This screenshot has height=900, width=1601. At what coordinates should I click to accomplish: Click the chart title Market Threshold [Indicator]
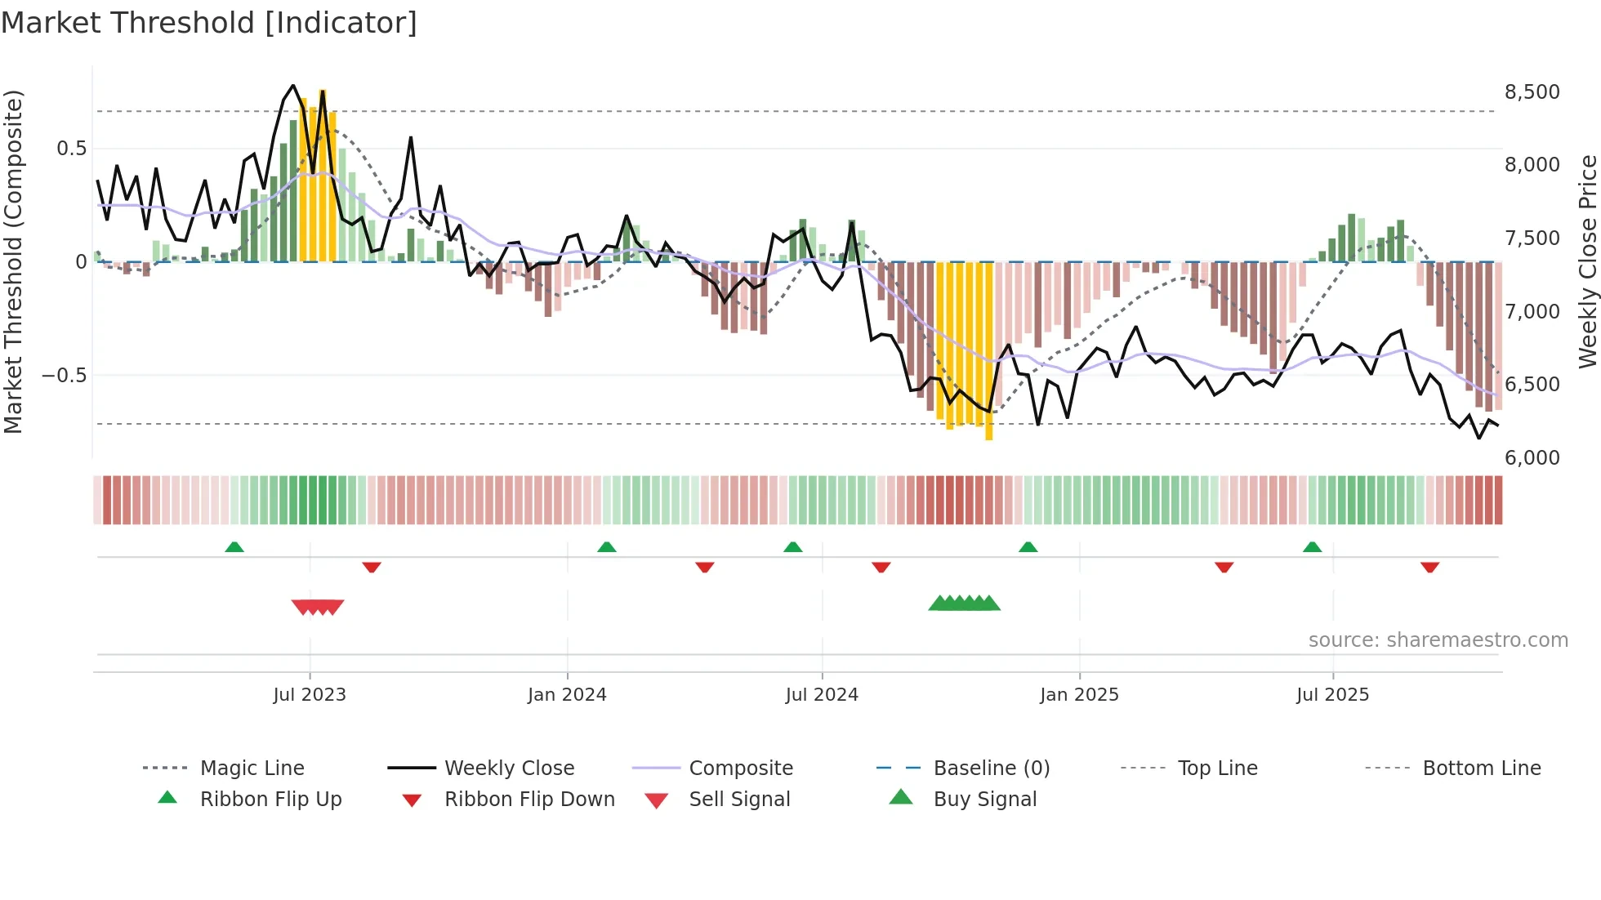click(x=209, y=23)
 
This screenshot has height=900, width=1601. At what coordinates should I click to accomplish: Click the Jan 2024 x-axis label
click(x=567, y=694)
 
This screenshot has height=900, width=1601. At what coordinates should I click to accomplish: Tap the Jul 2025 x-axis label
click(x=1332, y=694)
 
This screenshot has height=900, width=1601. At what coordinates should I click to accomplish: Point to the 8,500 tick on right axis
click(x=1532, y=92)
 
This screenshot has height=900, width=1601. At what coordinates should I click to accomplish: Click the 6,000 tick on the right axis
click(x=1532, y=457)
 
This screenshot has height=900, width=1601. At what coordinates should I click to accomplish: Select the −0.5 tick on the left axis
click(x=64, y=376)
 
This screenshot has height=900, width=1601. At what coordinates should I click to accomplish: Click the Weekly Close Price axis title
click(x=1586, y=261)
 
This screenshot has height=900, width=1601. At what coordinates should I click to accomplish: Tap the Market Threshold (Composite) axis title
click(x=13, y=261)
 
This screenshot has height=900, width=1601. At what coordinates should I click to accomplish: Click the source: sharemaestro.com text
click(x=1438, y=639)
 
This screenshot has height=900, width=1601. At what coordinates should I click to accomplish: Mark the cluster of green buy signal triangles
click(x=964, y=604)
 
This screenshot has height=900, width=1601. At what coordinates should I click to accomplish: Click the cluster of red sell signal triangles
click(x=318, y=607)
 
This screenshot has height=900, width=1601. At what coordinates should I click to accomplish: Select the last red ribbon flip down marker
click(x=1429, y=567)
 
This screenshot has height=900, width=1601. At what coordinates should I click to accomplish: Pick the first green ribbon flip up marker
click(x=234, y=546)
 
